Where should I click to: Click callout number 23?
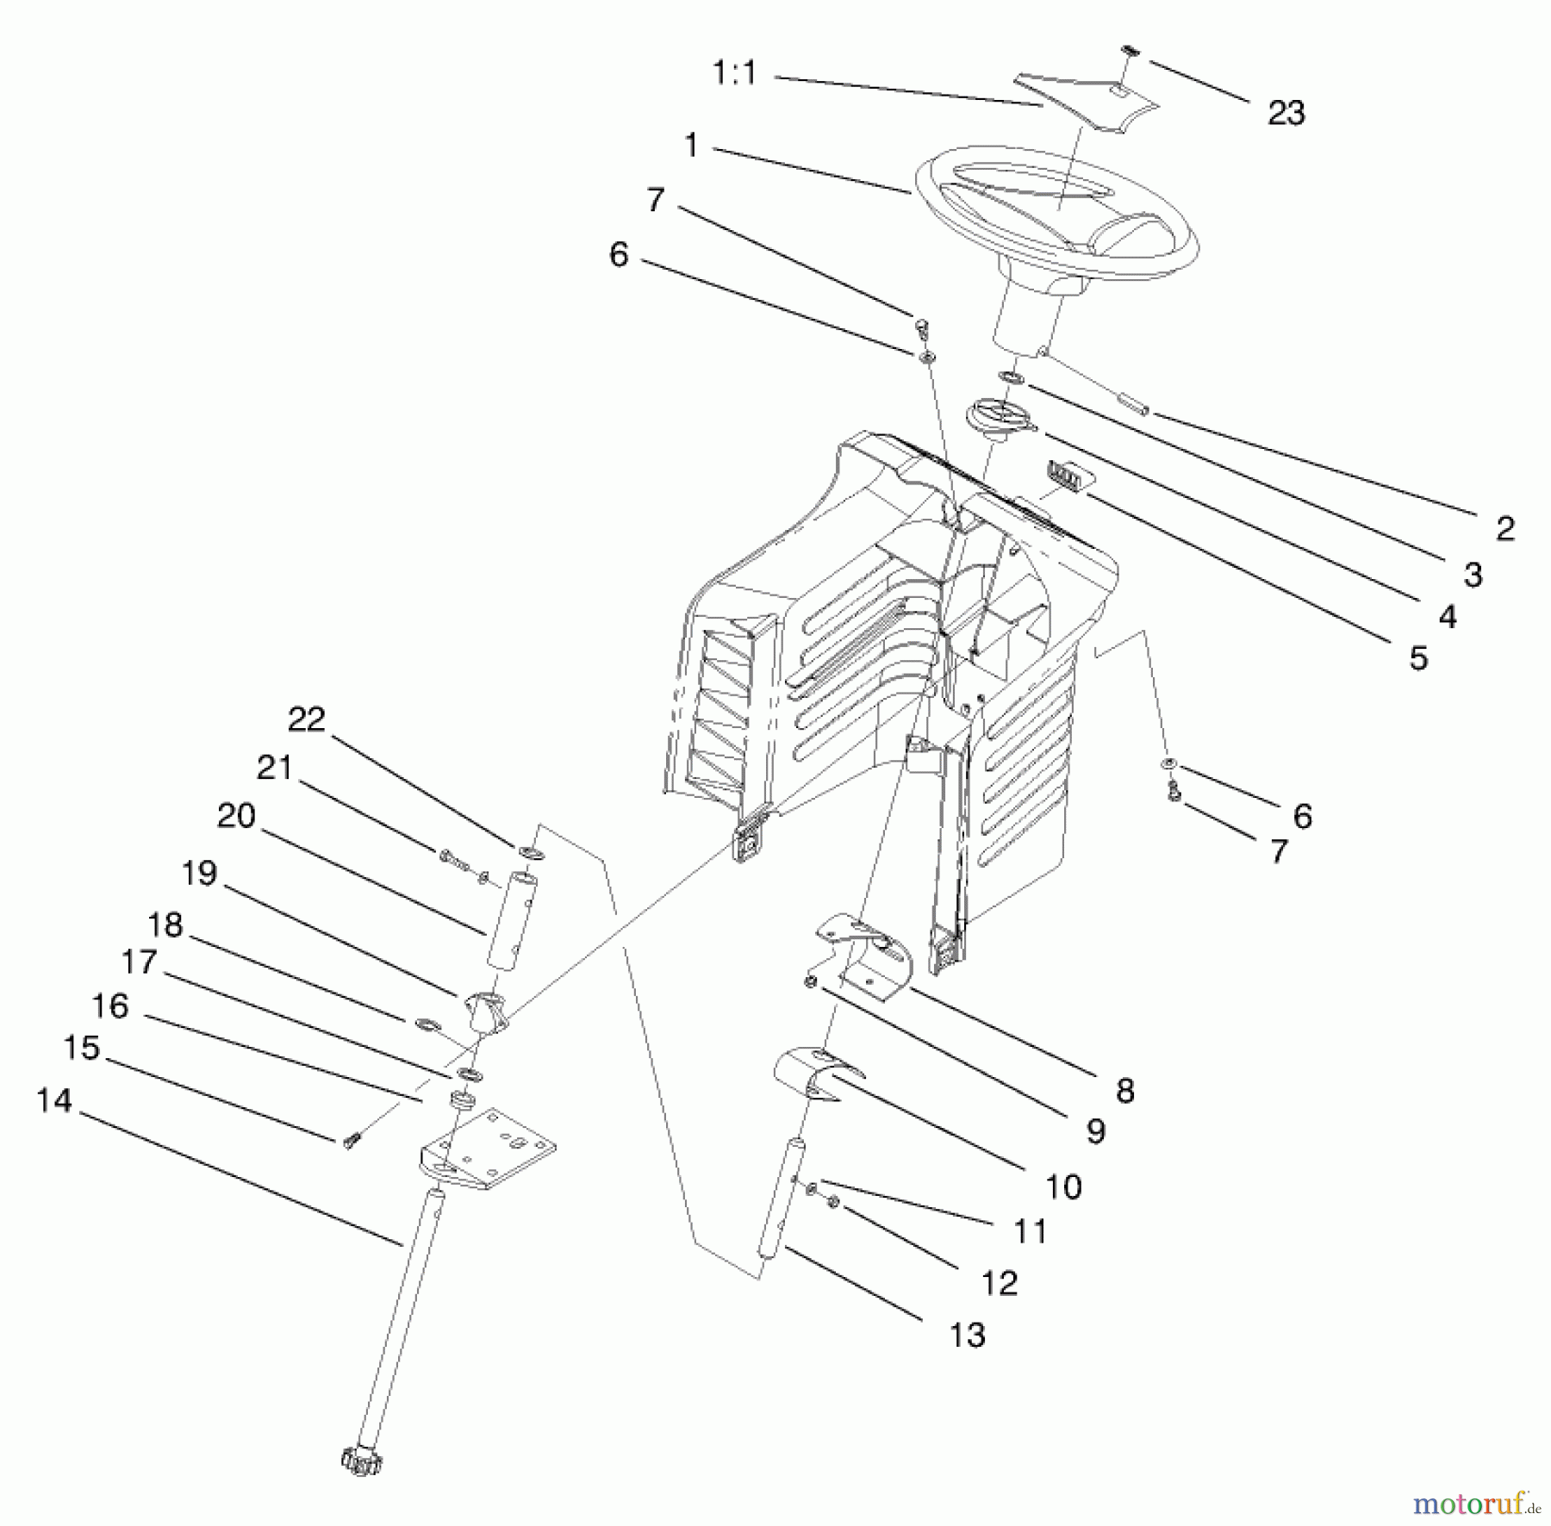tap(1286, 113)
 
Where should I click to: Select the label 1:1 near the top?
tap(734, 73)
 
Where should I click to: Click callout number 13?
tap(967, 1335)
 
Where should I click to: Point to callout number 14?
tap(53, 1100)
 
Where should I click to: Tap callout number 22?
tap(306, 718)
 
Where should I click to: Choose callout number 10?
tap(1063, 1187)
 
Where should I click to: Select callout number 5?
tap(1417, 657)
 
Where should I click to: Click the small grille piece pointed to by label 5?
tap(1067, 472)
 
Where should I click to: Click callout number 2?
tap(1504, 528)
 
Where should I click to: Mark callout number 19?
tap(199, 874)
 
